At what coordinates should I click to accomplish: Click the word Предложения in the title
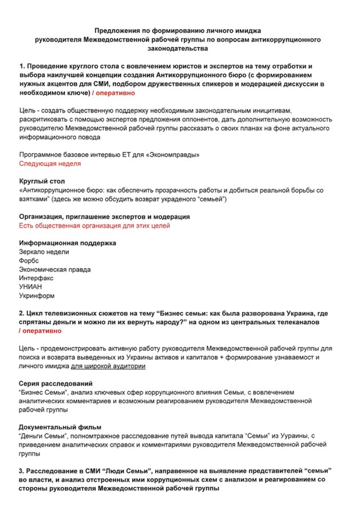[116, 30]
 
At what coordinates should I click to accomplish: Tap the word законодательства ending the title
[178, 49]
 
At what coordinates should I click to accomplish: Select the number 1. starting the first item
[22, 66]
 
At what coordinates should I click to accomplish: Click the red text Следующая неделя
[49, 164]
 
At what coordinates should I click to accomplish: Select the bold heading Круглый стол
[42, 181]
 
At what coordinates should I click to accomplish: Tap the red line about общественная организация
[94, 226]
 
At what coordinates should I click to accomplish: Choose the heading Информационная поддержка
[67, 243]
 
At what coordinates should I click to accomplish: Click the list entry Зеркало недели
[44, 252]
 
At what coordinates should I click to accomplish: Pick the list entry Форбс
[29, 260]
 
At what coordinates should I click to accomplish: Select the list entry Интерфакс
[36, 278]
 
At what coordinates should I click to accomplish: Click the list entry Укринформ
[37, 295]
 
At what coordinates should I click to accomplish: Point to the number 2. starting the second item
[22, 313]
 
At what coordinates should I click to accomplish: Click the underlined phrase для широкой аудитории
[108, 366]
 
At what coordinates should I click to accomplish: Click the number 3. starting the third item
[22, 470]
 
